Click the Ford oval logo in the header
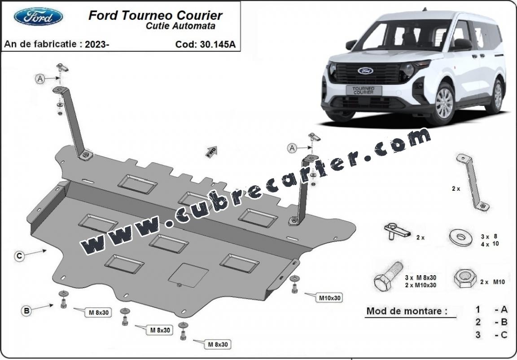38,17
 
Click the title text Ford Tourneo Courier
155,15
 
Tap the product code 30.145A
218,44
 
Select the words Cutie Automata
180,26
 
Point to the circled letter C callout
19,256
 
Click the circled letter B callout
26,311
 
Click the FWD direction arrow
211,152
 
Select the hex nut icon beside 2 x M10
465,279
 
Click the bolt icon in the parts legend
389,276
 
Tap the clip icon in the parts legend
397,231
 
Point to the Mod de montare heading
407,311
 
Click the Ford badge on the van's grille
365,70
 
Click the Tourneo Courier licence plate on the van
364,90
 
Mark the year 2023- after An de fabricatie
97,44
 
